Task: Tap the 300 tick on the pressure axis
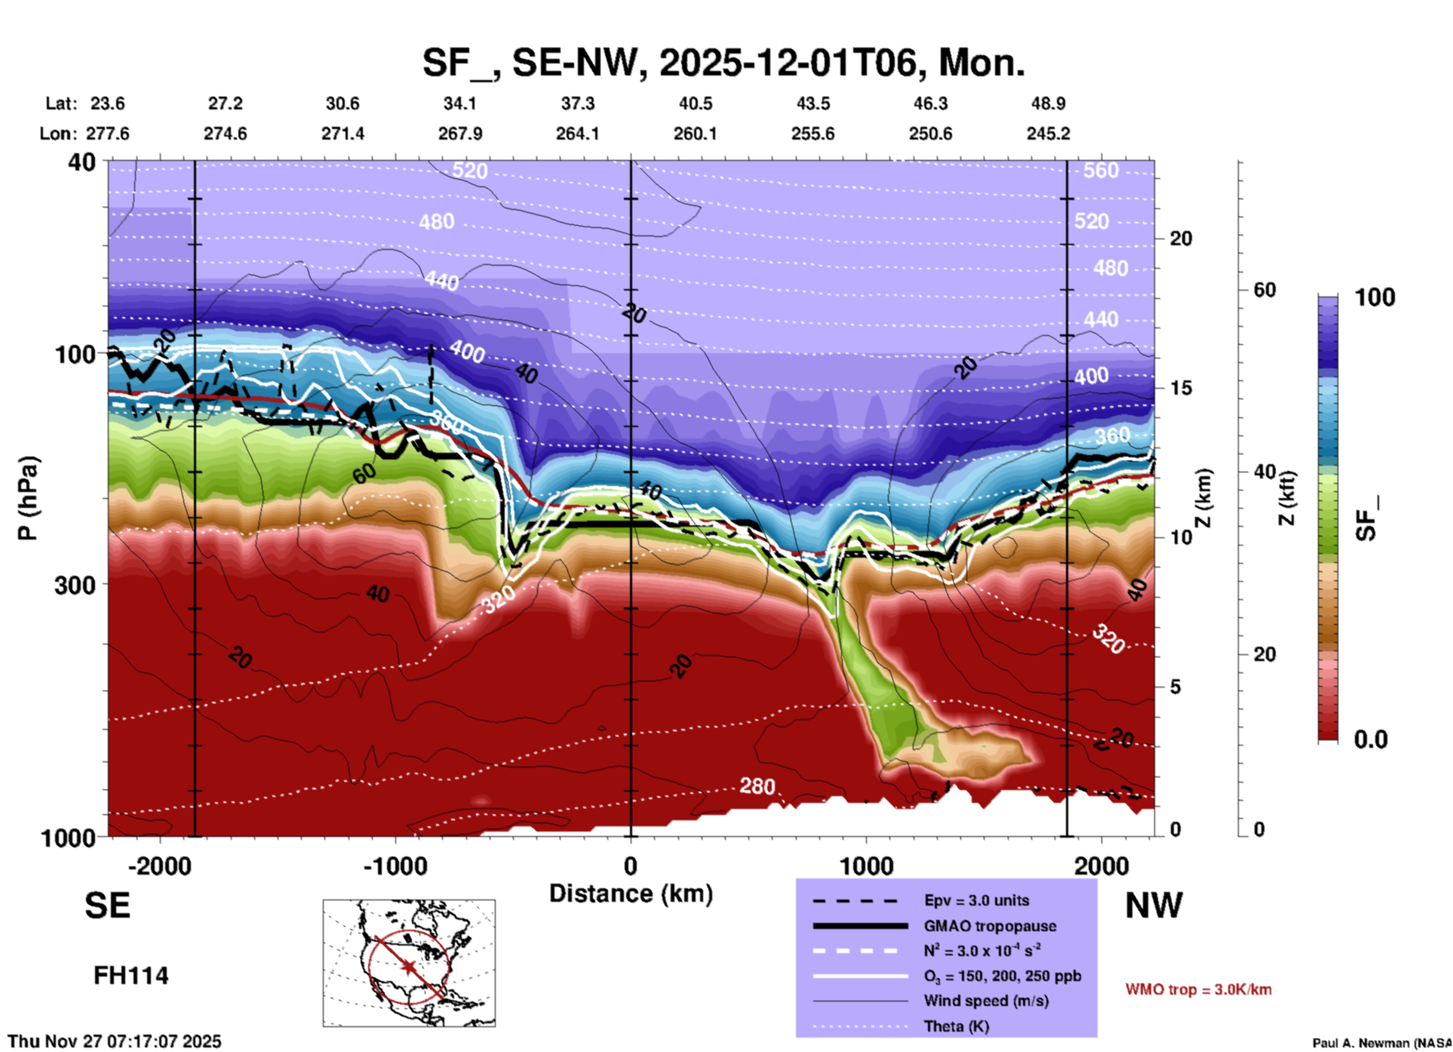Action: [75, 585]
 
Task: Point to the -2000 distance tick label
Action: [159, 866]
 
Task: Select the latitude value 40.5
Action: [695, 103]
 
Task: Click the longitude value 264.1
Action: [577, 134]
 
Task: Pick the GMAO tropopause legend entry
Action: [989, 926]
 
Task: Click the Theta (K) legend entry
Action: [957, 1026]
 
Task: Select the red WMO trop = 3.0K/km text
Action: [1198, 989]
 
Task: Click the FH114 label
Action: [131, 976]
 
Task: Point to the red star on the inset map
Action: [409, 967]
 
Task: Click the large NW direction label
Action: [1153, 906]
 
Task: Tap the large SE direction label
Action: [107, 906]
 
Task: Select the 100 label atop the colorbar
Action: [1375, 297]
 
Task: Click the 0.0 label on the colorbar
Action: [1371, 739]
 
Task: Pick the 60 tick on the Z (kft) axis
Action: [1264, 290]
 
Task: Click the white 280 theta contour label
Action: [757, 786]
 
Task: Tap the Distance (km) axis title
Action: [631, 894]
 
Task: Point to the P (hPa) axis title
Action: [28, 498]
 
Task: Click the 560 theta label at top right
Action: [1101, 171]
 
